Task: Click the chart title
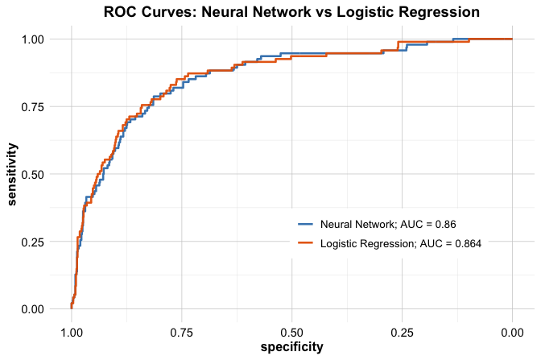[x=291, y=12]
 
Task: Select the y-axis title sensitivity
[x=14, y=174]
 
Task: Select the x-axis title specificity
[x=291, y=347]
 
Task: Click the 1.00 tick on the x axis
[x=72, y=330]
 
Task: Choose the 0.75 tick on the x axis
[x=182, y=330]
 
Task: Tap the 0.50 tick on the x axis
[x=291, y=330]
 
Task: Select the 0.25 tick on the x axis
[x=402, y=330]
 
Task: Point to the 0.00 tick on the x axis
[x=512, y=330]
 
